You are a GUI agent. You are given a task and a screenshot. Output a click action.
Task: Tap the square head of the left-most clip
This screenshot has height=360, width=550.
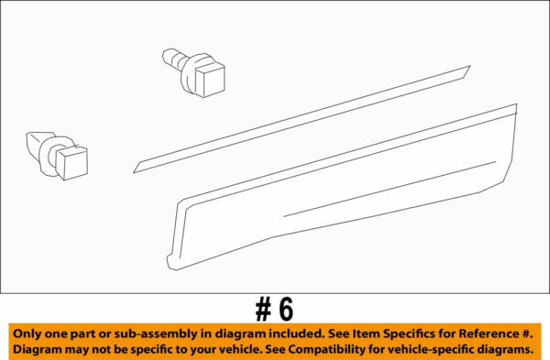click(x=73, y=163)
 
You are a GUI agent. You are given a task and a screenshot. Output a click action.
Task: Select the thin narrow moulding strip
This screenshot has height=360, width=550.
click(x=302, y=119)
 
